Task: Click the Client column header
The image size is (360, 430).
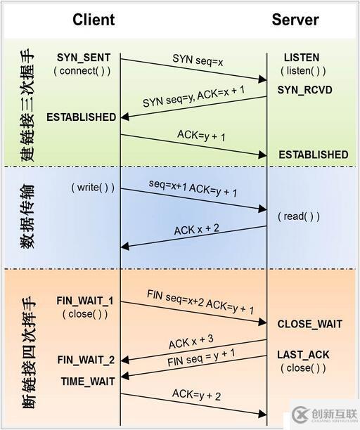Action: (94, 20)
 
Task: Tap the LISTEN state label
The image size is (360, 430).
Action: (302, 57)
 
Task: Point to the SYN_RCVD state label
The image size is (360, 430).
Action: (304, 91)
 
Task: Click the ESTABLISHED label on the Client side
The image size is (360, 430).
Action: (82, 117)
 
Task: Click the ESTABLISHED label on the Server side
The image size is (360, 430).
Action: (313, 154)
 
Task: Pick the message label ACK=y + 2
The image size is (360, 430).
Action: (196, 396)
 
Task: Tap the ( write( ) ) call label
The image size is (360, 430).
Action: (92, 188)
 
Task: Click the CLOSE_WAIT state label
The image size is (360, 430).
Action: (309, 324)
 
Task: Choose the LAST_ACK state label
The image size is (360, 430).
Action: (303, 355)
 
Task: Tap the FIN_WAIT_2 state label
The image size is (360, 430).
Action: (85, 360)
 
